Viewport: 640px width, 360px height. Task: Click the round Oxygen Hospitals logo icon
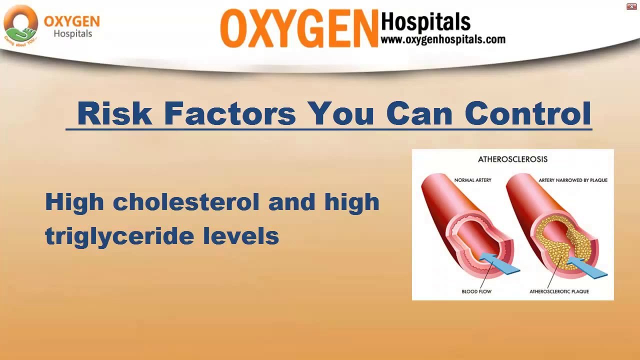[x=21, y=25]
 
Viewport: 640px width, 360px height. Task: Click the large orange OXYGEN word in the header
[x=298, y=29]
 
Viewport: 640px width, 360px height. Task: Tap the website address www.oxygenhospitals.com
[x=443, y=39]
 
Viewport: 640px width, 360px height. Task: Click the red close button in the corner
[x=631, y=6]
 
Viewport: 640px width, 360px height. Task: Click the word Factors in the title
[x=230, y=113]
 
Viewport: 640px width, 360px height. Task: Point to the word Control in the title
[x=528, y=113]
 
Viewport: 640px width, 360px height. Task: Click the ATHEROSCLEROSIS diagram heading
[x=512, y=159]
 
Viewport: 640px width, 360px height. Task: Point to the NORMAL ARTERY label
[x=472, y=180]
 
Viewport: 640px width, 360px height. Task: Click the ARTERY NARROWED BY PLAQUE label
[x=573, y=180]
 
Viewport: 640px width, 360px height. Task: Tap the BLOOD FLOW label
[x=476, y=291]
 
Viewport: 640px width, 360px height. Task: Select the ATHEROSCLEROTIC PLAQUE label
[x=559, y=291]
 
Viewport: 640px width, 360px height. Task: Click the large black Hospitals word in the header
[x=425, y=22]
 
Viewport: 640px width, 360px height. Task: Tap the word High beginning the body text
[x=74, y=202]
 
